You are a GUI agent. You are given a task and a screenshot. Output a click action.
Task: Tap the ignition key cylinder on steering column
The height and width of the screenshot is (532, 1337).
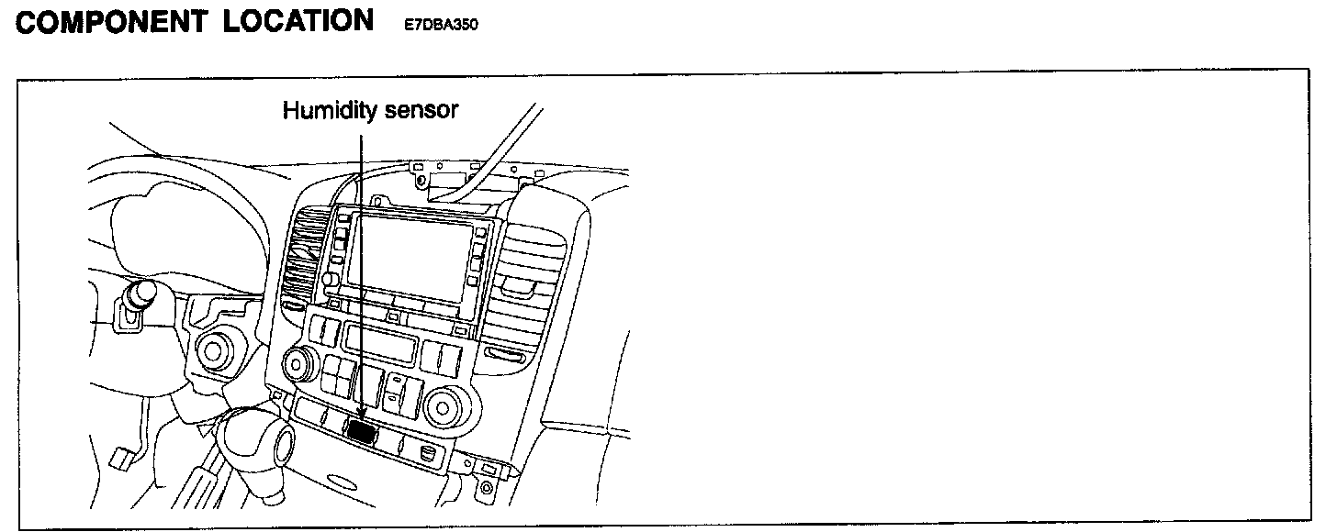[x=140, y=295]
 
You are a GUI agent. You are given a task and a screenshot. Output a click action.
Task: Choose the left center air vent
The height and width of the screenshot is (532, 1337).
[x=303, y=261]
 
